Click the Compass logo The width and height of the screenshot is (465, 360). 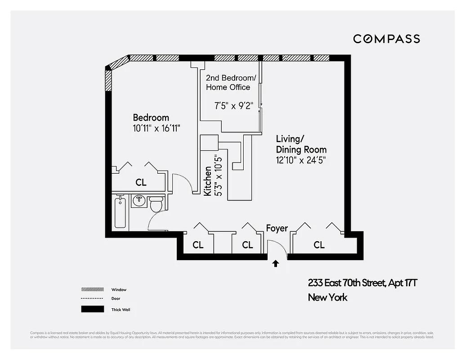point(386,39)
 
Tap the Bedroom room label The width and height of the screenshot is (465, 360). point(151,118)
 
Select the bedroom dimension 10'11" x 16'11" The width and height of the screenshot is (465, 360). point(156,128)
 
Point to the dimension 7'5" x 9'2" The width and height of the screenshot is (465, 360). point(234,105)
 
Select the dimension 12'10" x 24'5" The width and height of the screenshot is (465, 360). point(301,160)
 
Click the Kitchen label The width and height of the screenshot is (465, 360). point(208,181)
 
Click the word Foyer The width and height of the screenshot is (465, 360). point(277,228)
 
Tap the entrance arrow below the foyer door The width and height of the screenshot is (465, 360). point(276,264)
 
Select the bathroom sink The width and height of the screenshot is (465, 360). point(139,201)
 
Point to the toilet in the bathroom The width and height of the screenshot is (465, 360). point(156,204)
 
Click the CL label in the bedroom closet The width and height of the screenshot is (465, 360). point(141,183)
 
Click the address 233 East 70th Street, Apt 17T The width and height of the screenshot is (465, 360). point(362,283)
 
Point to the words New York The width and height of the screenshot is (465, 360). point(327,297)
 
